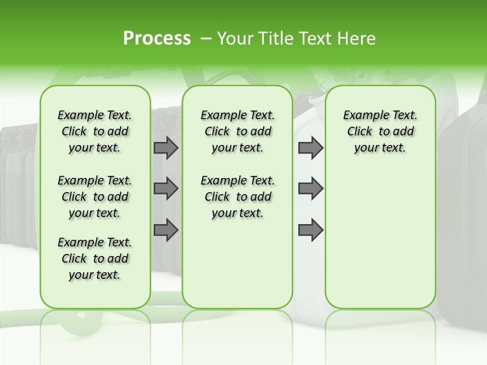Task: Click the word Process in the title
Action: pos(157,39)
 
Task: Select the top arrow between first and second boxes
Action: pos(166,148)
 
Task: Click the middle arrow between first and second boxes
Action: pos(166,189)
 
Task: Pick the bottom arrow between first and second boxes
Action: pos(166,230)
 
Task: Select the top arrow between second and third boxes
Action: pos(310,148)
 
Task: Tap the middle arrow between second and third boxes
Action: pos(310,189)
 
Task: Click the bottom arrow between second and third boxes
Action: pos(310,230)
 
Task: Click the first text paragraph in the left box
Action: pos(95,131)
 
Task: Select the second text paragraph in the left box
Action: pos(95,197)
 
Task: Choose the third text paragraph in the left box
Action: pos(95,259)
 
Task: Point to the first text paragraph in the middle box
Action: pos(237,131)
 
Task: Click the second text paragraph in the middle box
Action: pos(237,197)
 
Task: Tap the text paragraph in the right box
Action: pos(380,131)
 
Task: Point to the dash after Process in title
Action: pos(206,39)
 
